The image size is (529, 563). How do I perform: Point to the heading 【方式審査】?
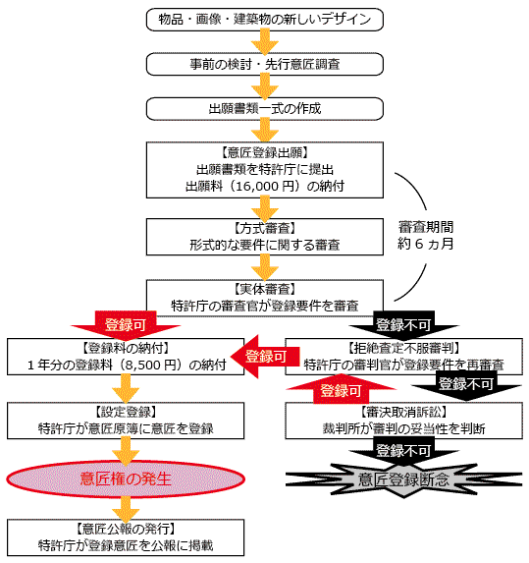[x=263, y=227]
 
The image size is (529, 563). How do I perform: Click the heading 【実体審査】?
[x=263, y=287]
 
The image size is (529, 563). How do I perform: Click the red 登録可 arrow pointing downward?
[x=122, y=323]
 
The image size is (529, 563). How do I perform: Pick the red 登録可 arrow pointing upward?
[x=335, y=391]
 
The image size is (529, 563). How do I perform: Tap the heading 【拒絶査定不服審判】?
[x=403, y=348]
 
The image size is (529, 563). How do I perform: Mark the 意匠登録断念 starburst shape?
[x=403, y=479]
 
